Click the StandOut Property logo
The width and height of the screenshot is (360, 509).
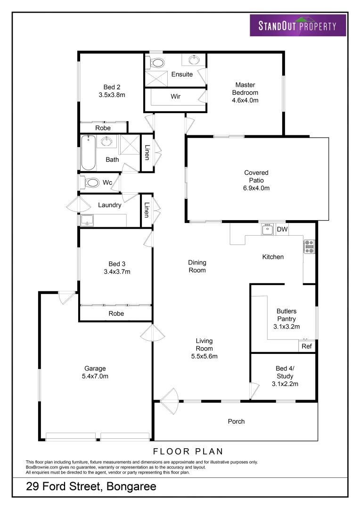(297, 25)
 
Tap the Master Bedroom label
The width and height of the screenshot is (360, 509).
(245, 92)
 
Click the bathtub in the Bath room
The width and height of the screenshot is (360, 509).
(88, 152)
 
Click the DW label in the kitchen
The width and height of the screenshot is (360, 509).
(282, 230)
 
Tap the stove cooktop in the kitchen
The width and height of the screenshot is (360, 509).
(310, 246)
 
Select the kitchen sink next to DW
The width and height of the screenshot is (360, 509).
(267, 230)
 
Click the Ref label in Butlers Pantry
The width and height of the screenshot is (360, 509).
(306, 346)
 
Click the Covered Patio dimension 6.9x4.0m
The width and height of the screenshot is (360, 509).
(256, 188)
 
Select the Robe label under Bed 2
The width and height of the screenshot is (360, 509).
(103, 128)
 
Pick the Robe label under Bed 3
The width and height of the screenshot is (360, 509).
(116, 313)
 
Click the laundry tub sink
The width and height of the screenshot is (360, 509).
(87, 220)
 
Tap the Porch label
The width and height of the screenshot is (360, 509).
(236, 421)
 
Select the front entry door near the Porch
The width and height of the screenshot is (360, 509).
(168, 399)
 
